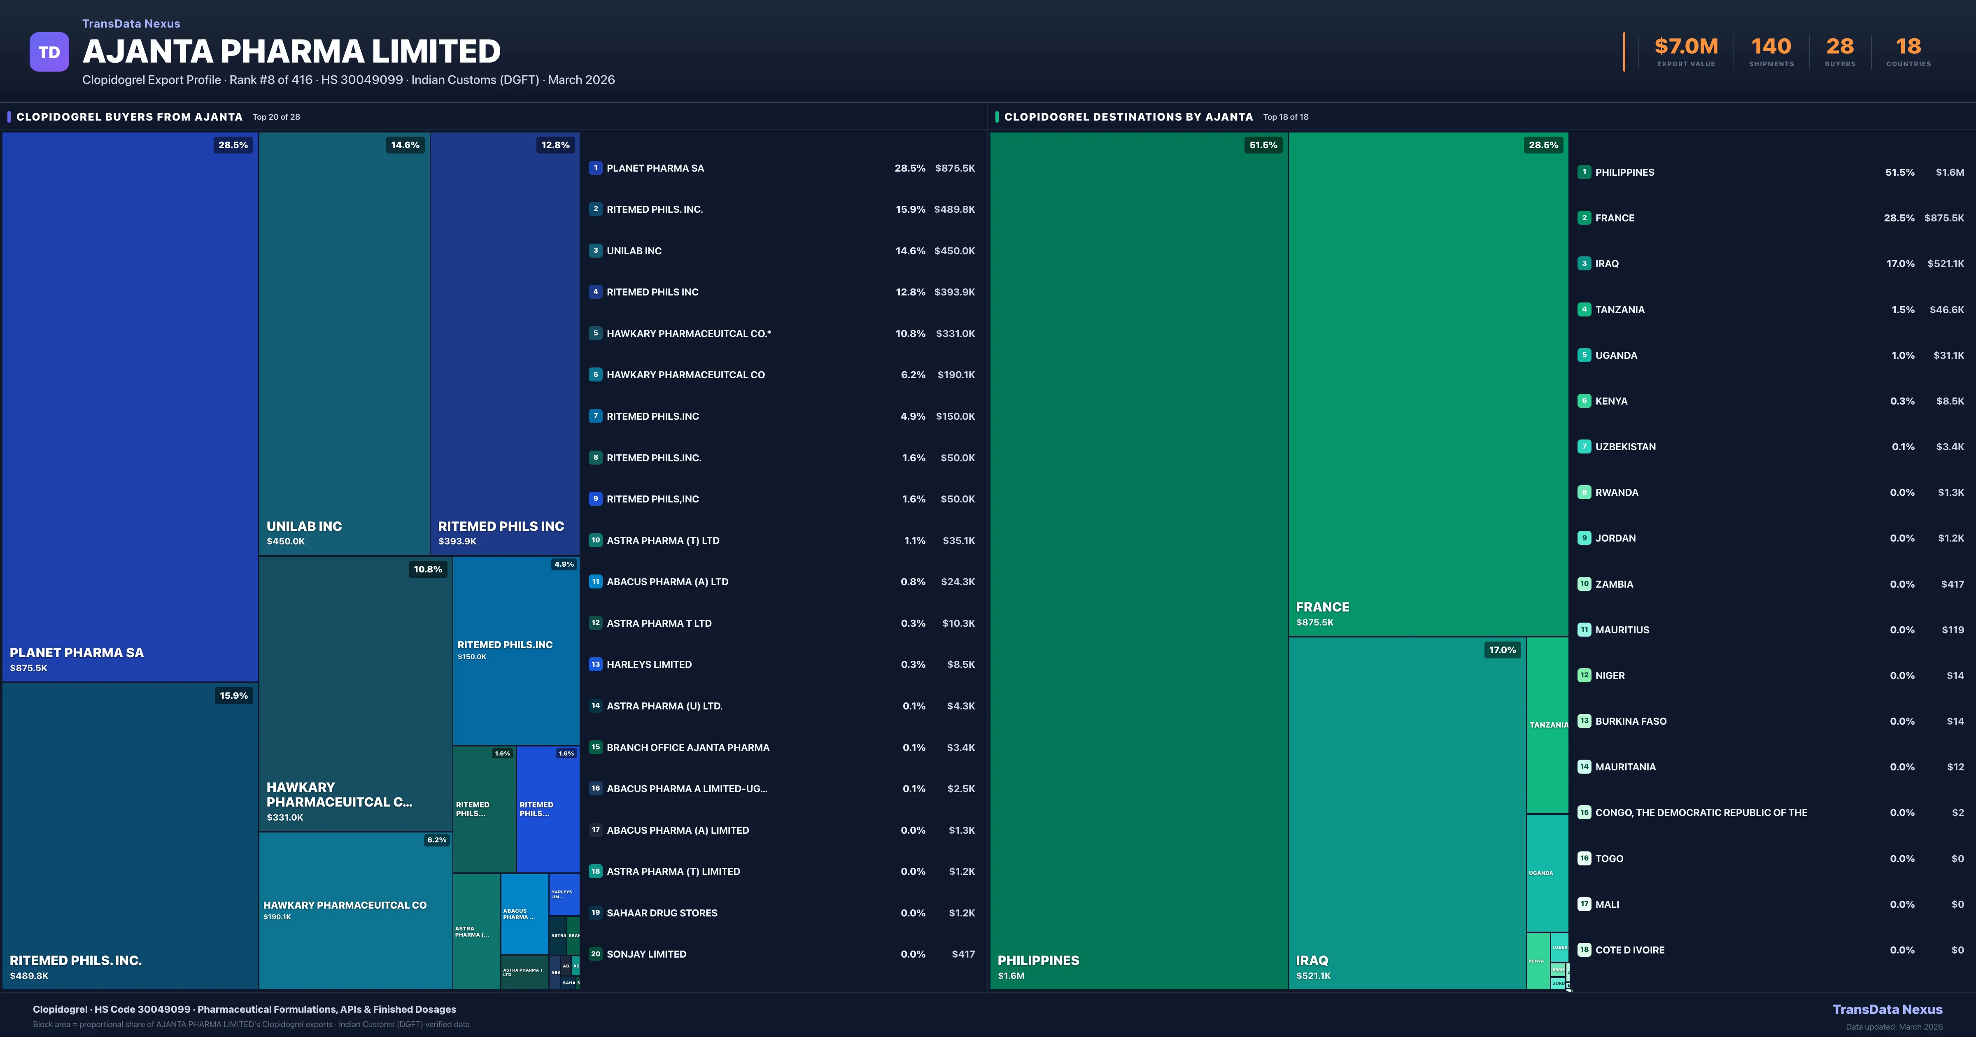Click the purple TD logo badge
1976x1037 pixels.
point(49,52)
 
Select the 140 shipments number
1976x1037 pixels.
point(1771,47)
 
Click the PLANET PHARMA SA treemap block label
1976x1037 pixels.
point(77,653)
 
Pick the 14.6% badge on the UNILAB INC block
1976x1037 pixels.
point(405,145)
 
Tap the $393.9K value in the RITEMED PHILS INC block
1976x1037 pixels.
point(457,542)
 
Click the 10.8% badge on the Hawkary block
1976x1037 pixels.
point(427,569)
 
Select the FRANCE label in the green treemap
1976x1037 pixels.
point(1322,607)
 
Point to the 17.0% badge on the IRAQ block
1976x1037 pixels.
point(1502,651)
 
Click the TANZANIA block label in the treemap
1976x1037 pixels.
point(1548,725)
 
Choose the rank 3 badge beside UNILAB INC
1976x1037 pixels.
point(595,251)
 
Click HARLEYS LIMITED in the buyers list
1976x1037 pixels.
point(649,664)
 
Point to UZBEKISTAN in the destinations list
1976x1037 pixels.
point(1625,446)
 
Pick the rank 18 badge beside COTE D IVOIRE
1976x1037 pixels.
point(1584,950)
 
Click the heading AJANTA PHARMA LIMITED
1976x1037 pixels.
point(291,51)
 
